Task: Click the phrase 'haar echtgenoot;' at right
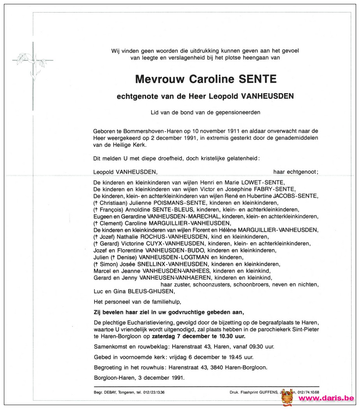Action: pos(296,171)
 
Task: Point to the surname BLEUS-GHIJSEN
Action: pos(148,291)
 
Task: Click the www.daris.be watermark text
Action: pos(326,398)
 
